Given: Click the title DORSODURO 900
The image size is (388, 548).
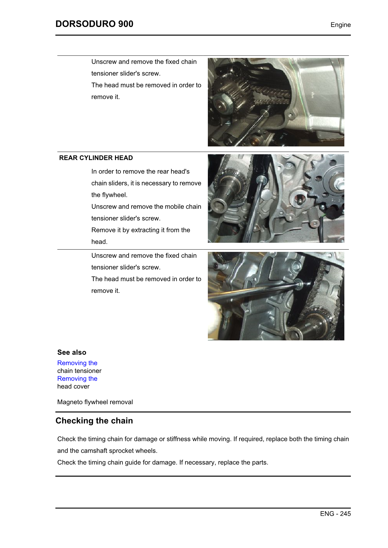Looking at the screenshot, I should (x=94, y=24).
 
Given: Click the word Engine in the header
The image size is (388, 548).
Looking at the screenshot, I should (x=340, y=25).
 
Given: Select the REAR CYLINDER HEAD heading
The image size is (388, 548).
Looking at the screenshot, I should (x=96, y=158).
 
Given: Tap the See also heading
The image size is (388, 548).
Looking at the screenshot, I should (x=72, y=352).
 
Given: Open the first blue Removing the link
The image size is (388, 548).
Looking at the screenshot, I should (x=77, y=363).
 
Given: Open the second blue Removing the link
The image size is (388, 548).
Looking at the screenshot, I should (x=77, y=379).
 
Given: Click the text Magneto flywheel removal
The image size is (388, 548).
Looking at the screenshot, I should (x=95, y=402).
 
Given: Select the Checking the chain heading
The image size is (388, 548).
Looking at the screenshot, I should (x=94, y=421).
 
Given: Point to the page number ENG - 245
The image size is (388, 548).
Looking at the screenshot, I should (x=335, y=514).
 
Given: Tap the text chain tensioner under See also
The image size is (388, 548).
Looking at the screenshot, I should (x=79, y=371).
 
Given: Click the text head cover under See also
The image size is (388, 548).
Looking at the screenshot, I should (x=73, y=387).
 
